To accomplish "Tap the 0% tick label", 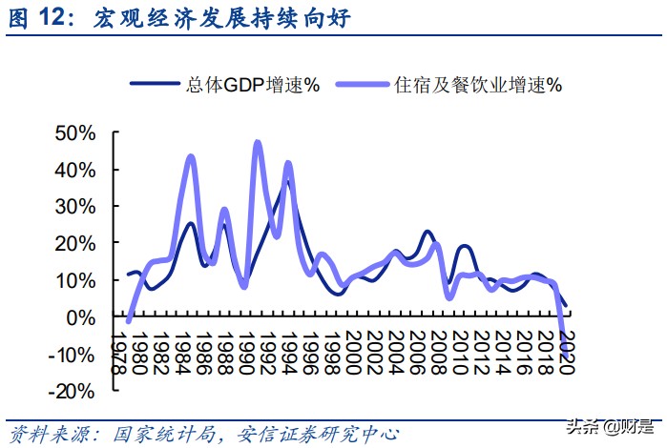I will pos(82,317).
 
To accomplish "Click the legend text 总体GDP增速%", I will pos(254,85).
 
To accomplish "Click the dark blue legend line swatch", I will pos(154,85).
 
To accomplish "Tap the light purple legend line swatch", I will pos(361,85).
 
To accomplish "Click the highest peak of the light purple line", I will pos(258,142).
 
